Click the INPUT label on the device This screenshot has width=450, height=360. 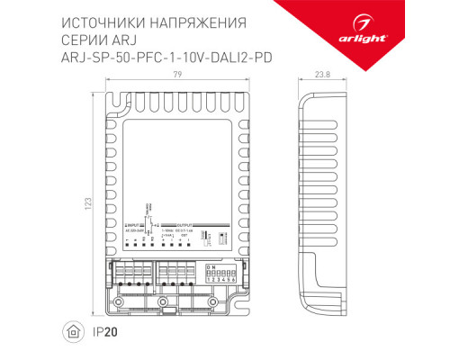click(x=134, y=222)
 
